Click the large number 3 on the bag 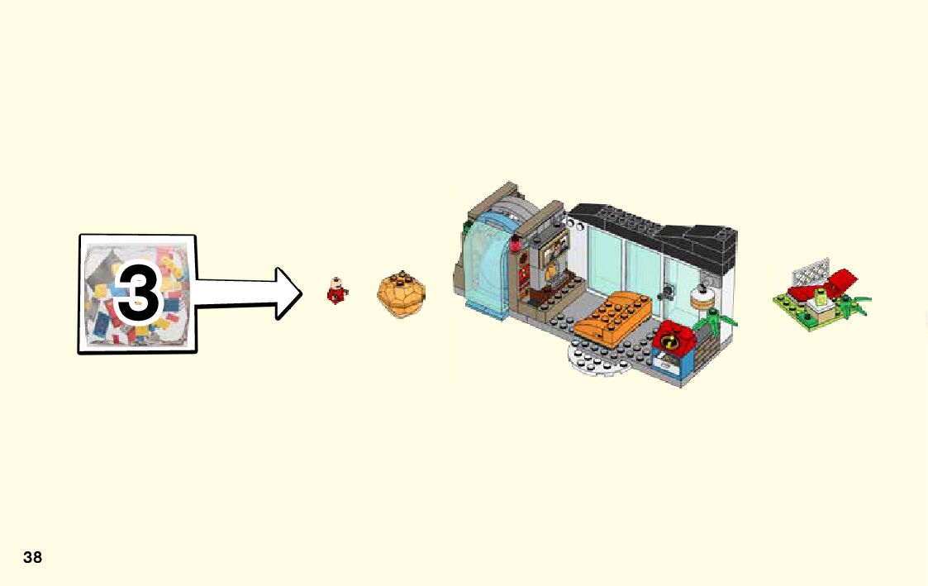138,294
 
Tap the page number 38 32,558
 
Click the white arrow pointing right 248,293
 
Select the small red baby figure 336,292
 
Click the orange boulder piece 402,294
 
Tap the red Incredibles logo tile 670,339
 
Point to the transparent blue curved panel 487,264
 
